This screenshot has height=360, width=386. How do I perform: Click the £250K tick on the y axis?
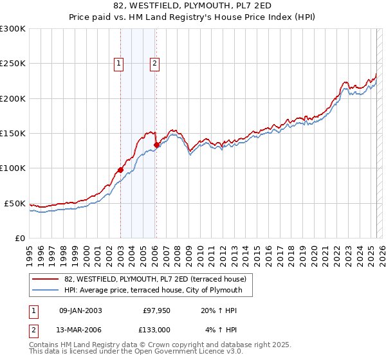coord(13,64)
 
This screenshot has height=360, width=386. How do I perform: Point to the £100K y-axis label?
coord(13,168)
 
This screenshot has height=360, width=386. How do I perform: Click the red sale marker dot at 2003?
coord(120,170)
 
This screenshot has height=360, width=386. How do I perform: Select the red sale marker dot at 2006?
coord(156,145)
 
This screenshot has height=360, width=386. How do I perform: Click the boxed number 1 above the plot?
coord(120,63)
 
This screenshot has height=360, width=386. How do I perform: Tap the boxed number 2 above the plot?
coord(156,63)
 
